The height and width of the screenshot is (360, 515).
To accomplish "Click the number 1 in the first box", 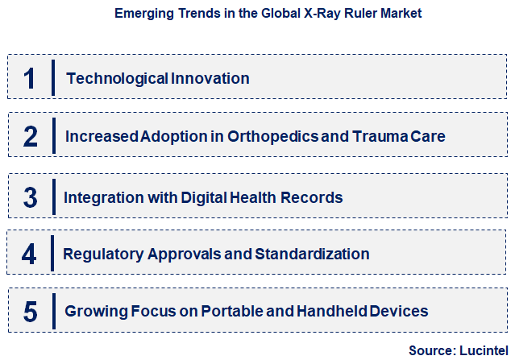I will tap(30, 78).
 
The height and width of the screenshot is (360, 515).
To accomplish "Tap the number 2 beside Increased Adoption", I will tap(31, 136).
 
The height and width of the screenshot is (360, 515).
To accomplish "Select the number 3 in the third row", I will tap(31, 197).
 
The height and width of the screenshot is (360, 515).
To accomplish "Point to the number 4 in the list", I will tap(30, 254).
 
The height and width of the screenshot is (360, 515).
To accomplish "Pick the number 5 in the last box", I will tap(31, 311).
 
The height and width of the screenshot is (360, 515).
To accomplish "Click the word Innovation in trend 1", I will tap(210, 78).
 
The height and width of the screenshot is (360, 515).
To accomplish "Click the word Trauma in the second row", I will tap(382, 136).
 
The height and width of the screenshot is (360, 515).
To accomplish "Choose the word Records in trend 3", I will tap(314, 197).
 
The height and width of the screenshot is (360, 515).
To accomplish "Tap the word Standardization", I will tap(312, 254).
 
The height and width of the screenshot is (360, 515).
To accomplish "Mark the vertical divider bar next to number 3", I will tap(52, 196).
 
